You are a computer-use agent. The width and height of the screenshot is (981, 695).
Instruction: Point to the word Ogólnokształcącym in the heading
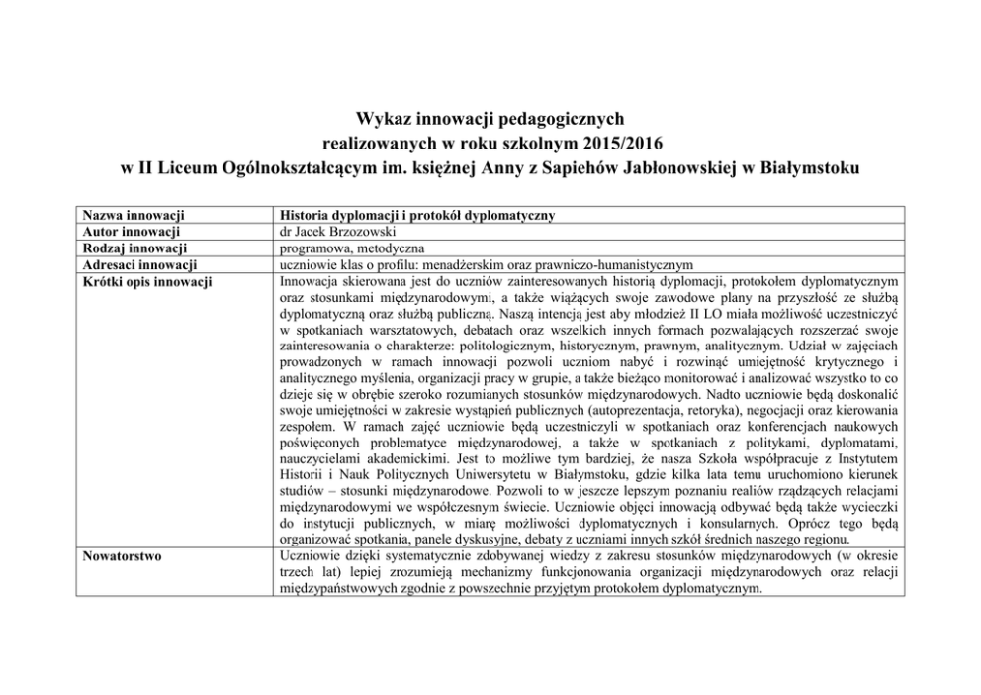289,167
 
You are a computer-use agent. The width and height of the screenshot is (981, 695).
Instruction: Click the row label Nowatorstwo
123,556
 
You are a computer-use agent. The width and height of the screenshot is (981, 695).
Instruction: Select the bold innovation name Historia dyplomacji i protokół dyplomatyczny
416,215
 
